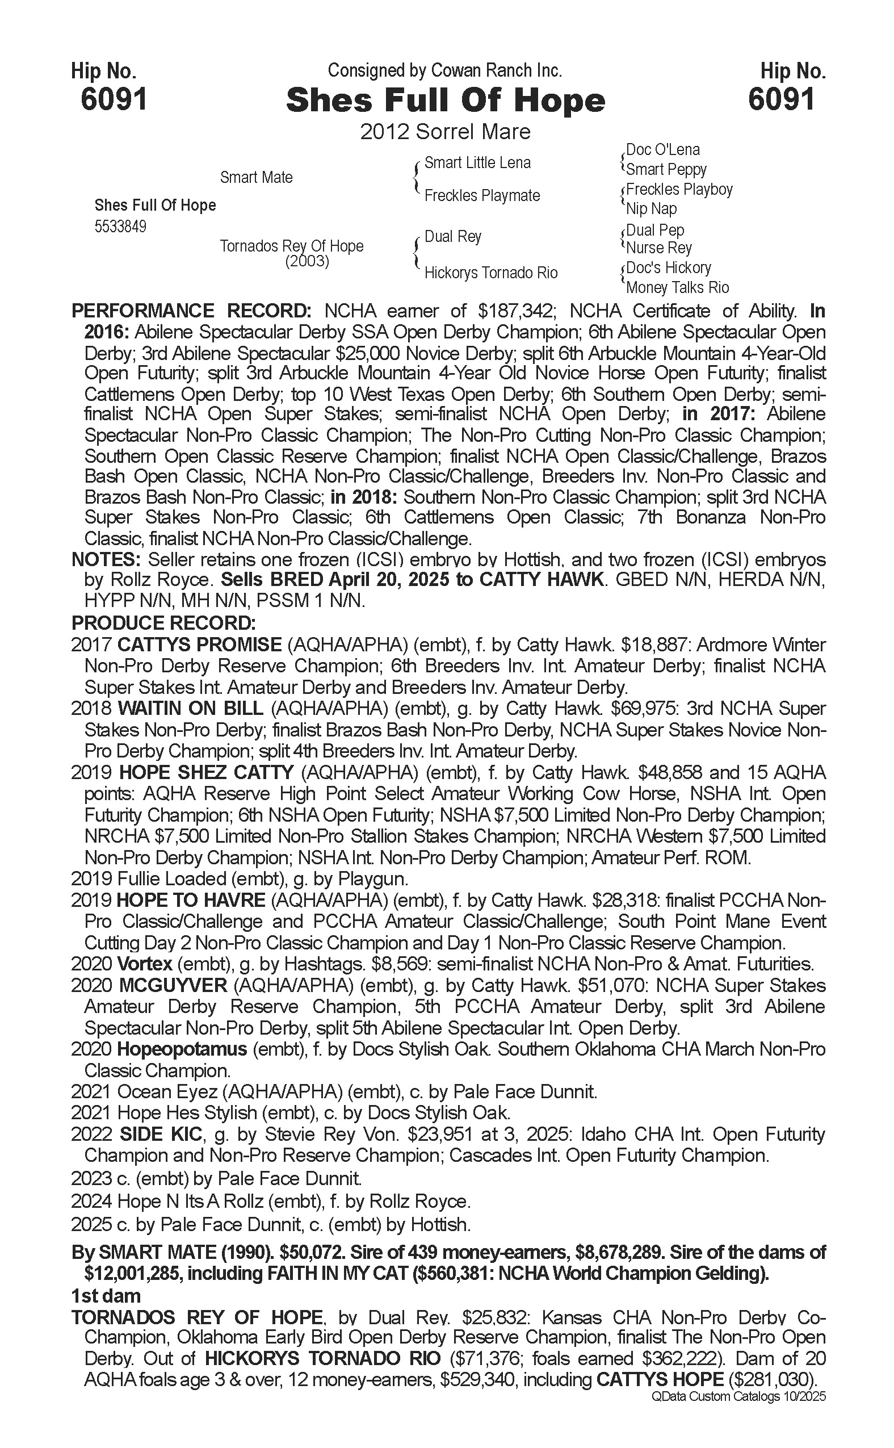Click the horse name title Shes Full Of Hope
pos(445,101)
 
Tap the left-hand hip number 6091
pos(114,99)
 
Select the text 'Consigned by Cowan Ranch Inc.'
pos(444,71)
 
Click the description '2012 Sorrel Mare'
pos(445,131)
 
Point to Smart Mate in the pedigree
pos(256,177)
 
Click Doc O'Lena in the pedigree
pos(662,150)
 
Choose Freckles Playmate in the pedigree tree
pos(482,196)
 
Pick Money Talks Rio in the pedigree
pos(677,287)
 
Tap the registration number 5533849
pos(120,227)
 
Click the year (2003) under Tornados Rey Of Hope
pos(307,261)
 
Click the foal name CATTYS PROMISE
pos(200,645)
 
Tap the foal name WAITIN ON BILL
pos(190,709)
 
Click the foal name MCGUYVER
pos(173,985)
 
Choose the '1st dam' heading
pos(106,1296)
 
